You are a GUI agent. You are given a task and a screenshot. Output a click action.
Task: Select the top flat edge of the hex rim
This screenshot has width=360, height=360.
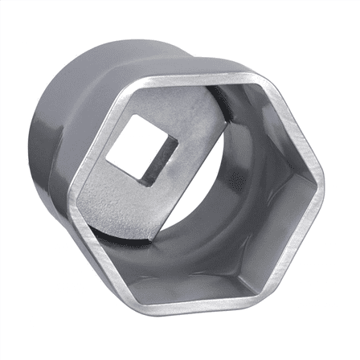pos(190,81)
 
